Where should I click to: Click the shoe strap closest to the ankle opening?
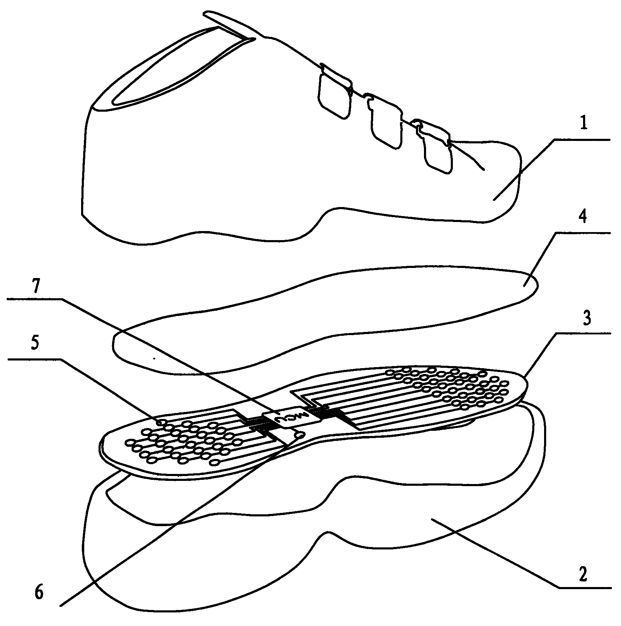tap(335, 91)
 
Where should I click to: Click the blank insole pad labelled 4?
tap(325, 320)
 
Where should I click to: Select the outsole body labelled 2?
tap(313, 543)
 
